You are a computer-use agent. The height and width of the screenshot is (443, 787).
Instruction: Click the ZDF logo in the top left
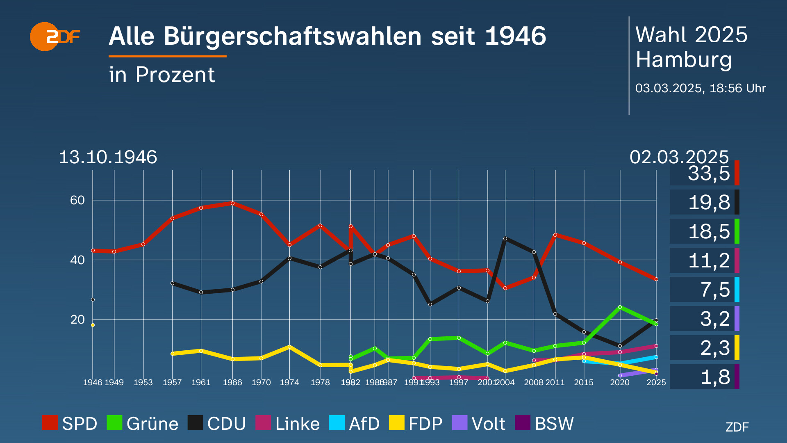[55, 37]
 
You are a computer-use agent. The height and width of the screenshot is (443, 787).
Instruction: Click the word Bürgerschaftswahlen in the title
[293, 36]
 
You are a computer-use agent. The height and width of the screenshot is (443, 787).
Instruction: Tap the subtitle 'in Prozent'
[162, 75]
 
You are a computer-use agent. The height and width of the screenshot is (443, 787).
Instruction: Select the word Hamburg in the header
[683, 60]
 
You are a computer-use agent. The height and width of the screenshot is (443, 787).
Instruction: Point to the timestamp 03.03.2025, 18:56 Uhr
[700, 88]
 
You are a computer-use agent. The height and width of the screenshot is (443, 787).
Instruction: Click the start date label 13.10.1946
[108, 157]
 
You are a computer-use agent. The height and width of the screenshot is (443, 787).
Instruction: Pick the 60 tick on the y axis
[77, 200]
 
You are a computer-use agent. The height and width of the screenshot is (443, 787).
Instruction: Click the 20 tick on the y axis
[77, 320]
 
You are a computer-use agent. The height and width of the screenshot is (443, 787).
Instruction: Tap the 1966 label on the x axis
[232, 382]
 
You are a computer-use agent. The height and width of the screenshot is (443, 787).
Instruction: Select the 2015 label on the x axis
[583, 382]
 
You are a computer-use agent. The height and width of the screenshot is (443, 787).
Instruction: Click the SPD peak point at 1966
[232, 203]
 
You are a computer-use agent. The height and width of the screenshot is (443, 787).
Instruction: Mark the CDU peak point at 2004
[505, 238]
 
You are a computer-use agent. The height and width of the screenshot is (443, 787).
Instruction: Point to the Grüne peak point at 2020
[620, 307]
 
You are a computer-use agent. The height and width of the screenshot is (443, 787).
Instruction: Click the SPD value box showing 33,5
[704, 173]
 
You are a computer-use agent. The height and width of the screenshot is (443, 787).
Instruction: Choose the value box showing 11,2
[704, 260]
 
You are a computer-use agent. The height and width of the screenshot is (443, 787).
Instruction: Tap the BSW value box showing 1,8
[704, 377]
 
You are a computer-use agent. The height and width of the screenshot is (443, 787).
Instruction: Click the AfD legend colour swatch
[337, 423]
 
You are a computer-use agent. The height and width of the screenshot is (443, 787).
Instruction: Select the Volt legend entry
[479, 423]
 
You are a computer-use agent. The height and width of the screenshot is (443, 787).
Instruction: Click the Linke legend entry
[288, 423]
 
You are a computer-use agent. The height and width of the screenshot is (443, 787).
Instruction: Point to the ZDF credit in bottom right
[737, 427]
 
